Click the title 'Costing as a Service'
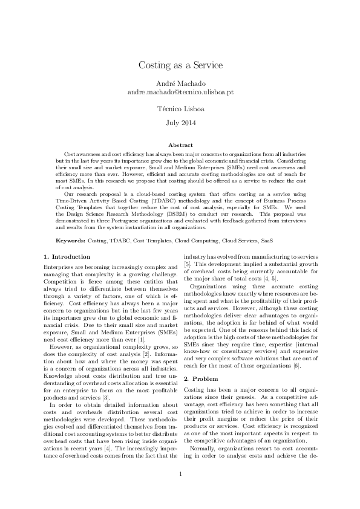click(180, 65)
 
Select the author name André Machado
click(180, 83)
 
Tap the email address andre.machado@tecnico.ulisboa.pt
click(180, 92)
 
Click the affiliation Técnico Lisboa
click(180, 109)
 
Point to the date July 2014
click(180, 123)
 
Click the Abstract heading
click(180, 145)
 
